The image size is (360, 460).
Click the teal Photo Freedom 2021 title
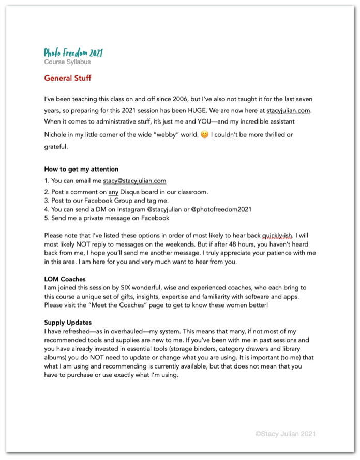coord(73,53)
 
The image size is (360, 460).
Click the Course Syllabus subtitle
coord(67,62)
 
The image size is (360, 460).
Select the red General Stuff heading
coord(68,79)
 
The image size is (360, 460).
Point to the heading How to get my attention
coord(81,169)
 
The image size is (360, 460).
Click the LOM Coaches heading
coord(65,279)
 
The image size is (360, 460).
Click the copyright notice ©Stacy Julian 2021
coord(285,434)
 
